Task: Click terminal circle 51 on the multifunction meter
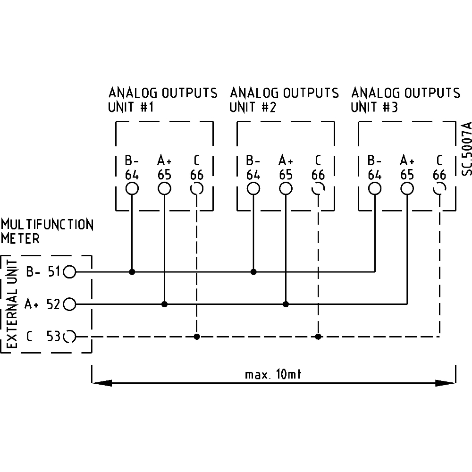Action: pyautogui.click(x=69, y=272)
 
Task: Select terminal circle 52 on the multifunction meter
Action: pyautogui.click(x=69, y=304)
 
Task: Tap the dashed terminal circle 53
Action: pyautogui.click(x=69, y=337)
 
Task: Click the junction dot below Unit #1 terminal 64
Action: pyautogui.click(x=132, y=272)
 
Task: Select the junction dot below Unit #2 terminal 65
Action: pyautogui.click(x=286, y=304)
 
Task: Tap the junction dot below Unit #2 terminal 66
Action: pyautogui.click(x=319, y=337)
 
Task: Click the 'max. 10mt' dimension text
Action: pyautogui.click(x=273, y=375)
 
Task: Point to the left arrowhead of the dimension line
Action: pyautogui.click(x=101, y=383)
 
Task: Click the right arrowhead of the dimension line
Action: pyautogui.click(x=446, y=383)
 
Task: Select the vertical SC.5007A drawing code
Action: pyautogui.click(x=466, y=149)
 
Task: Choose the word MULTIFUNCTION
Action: pyautogui.click(x=47, y=224)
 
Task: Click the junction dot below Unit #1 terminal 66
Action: pyautogui.click(x=197, y=337)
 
